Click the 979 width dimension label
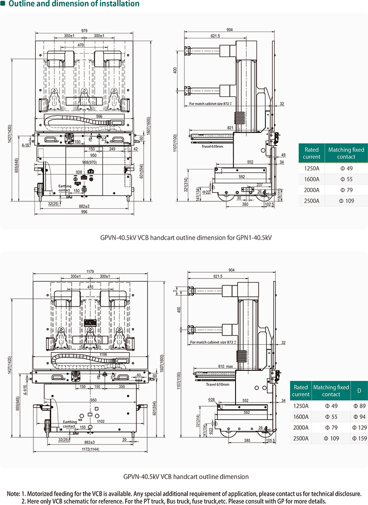click(x=84, y=30)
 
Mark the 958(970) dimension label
click(x=89, y=162)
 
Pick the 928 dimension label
click(x=79, y=172)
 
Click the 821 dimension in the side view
click(x=231, y=127)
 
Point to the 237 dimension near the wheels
click(x=259, y=185)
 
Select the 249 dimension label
click(x=112, y=149)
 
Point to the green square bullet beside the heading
click(x=3, y=4)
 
